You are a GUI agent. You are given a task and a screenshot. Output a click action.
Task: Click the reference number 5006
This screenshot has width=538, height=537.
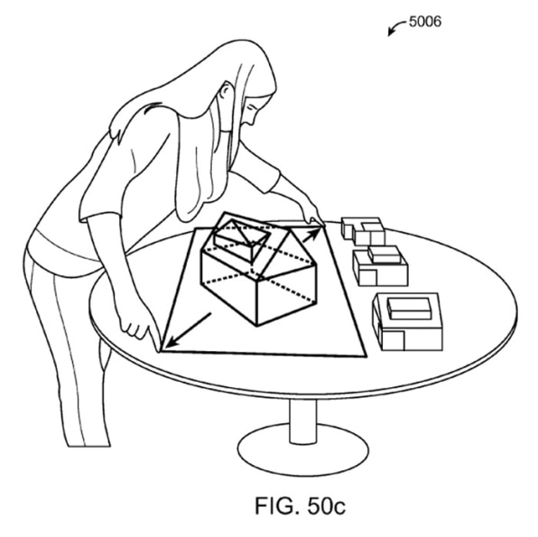tap(425, 22)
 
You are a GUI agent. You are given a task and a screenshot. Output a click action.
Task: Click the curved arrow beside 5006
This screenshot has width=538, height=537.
tap(395, 27)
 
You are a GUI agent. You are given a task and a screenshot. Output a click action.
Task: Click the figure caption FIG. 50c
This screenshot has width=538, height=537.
tap(301, 505)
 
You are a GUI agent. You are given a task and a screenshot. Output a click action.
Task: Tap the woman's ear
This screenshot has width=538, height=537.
tap(225, 90)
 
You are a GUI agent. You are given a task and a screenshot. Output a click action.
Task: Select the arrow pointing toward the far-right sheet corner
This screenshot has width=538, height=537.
tap(311, 236)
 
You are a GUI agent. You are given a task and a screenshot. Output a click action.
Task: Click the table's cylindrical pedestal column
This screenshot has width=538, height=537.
tap(302, 421)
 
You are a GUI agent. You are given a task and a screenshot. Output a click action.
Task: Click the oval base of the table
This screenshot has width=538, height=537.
tap(303, 453)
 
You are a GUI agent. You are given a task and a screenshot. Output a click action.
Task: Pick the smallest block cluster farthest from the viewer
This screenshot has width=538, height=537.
tap(363, 230)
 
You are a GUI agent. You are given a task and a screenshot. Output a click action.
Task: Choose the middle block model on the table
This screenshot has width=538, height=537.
tap(380, 265)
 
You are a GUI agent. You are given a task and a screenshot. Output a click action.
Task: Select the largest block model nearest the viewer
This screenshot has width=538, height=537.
tap(407, 321)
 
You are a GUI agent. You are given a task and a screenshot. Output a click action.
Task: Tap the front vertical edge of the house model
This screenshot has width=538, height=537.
tap(257, 301)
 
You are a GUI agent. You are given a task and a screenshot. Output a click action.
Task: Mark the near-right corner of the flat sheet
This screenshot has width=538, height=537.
tap(366, 356)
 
